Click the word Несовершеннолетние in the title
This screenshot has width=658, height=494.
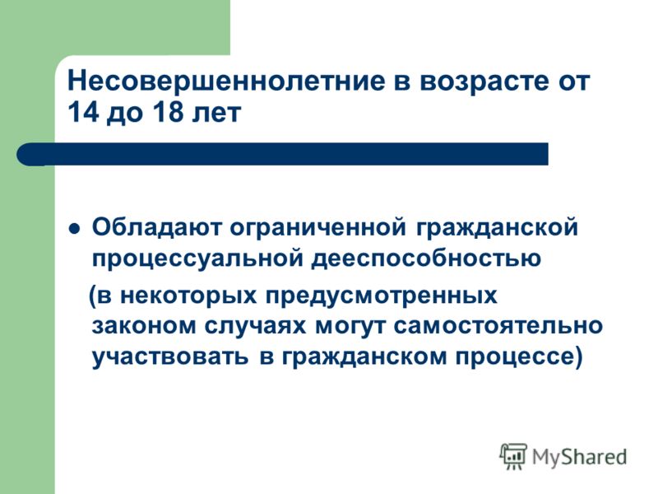tap(225, 81)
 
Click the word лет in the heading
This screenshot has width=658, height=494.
tap(216, 113)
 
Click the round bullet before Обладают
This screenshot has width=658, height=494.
tap(74, 229)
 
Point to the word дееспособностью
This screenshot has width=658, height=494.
tap(426, 258)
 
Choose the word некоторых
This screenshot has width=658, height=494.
tap(188, 296)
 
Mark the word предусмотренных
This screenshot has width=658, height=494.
tap(381, 296)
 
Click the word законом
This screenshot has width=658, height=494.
tap(144, 326)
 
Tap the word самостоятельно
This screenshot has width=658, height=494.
tap(498, 326)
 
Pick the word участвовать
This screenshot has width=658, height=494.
tap(170, 357)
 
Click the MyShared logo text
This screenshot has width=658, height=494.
tap(579, 457)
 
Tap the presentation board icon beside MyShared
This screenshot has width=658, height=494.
tap(513, 456)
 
